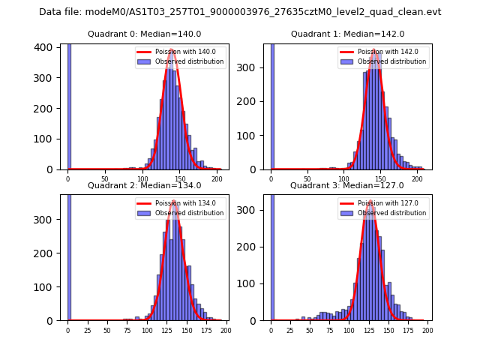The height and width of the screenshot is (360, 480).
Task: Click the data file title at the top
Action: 240,12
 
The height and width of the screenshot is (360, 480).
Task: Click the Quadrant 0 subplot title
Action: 144,34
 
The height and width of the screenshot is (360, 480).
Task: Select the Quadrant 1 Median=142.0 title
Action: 347,34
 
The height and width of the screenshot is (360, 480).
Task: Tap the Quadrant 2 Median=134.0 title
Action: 144,185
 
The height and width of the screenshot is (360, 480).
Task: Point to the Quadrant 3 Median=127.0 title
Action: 347,185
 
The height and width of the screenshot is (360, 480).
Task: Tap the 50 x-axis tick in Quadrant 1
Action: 308,179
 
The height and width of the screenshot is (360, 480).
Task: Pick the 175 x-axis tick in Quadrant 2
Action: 205,330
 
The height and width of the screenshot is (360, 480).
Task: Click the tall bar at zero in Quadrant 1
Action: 272,105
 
